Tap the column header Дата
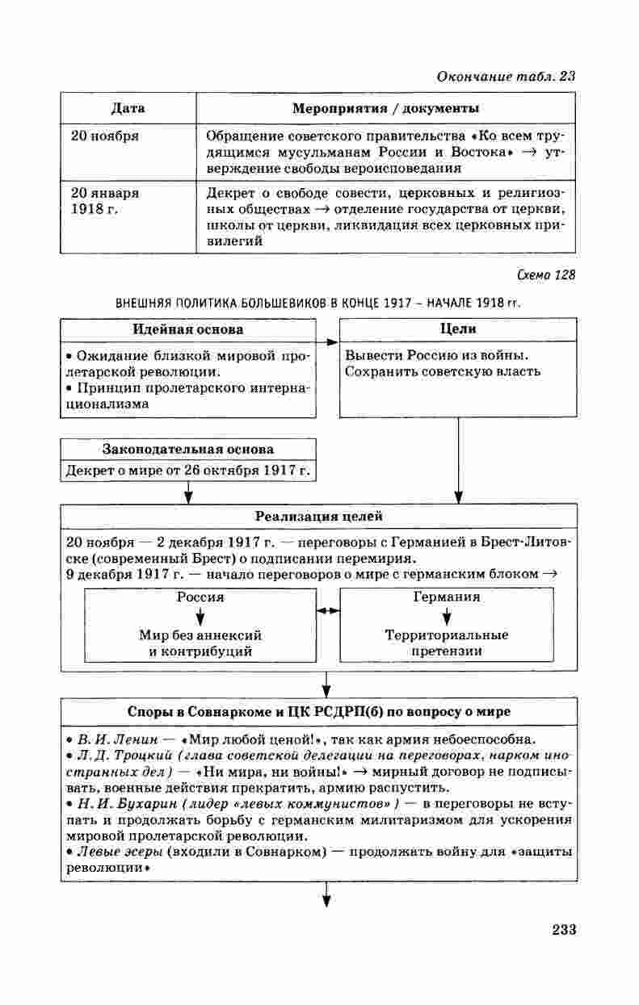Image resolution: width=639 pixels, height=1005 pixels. [128, 108]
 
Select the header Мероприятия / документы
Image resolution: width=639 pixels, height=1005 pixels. [385, 108]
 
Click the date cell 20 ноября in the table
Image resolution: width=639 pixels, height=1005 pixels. [104, 136]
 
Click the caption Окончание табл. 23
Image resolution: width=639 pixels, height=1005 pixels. [506, 77]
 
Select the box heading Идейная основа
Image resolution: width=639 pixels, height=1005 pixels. [187, 329]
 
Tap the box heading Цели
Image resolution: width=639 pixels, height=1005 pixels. [457, 329]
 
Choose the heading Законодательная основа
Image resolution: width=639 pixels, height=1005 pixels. [187, 449]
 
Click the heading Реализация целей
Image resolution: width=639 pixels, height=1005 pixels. [319, 516]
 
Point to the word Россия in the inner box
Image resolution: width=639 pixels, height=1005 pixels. [200, 597]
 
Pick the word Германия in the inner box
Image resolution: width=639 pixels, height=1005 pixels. [446, 597]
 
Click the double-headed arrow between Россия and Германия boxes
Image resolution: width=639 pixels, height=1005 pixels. [327, 612]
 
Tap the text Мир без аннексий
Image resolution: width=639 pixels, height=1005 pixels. [200, 635]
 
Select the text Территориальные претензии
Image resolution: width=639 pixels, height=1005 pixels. [446, 643]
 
